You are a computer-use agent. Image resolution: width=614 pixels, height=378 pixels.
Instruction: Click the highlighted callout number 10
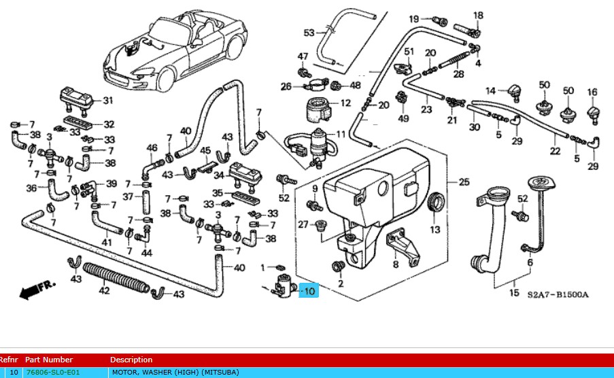click(x=309, y=292)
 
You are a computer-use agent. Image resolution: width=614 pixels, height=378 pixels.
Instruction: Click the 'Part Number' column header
click(x=48, y=360)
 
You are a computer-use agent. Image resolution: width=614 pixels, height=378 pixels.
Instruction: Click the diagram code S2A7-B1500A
click(x=558, y=295)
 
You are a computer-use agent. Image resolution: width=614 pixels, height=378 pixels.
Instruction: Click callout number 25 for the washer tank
click(x=464, y=182)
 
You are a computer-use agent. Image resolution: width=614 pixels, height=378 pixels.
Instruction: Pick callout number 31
click(x=107, y=101)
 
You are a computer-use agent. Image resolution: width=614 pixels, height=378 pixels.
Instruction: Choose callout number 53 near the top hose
click(x=309, y=33)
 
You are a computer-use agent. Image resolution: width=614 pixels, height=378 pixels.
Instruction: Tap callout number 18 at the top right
click(x=478, y=16)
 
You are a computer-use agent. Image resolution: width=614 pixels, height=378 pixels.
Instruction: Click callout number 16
click(x=592, y=92)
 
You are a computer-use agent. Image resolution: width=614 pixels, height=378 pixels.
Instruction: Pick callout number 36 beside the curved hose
click(x=31, y=188)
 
